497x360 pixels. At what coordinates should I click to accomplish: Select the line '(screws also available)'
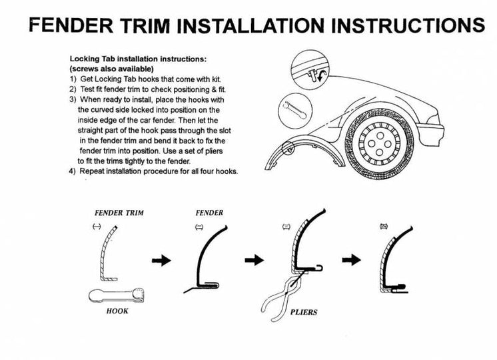coord(112,69)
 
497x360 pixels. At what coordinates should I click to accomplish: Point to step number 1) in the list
coord(73,79)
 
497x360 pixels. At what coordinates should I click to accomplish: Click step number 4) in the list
coord(73,171)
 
